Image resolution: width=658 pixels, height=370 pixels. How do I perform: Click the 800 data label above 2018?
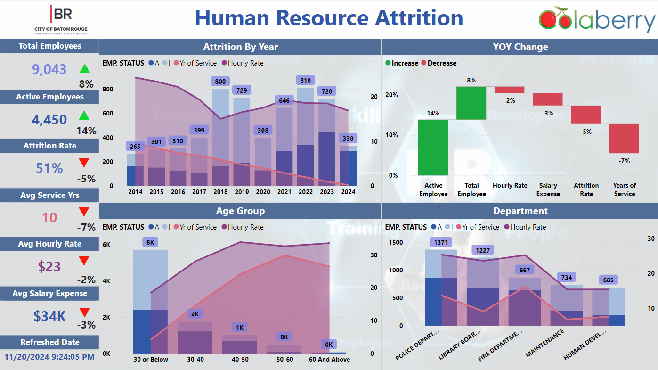[220, 82]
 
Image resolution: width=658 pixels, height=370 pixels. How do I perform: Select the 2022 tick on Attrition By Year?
[305, 192]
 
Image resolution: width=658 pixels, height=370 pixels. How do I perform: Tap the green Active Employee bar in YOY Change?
[433, 147]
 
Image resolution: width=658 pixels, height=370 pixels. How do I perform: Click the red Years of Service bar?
[624, 139]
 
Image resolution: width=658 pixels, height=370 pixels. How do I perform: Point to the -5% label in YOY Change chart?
[586, 132]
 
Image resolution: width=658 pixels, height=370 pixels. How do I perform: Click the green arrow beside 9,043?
[84, 69]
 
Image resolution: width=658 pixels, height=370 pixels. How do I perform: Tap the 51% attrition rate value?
[49, 168]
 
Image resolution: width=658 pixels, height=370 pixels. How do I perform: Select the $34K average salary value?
[49, 316]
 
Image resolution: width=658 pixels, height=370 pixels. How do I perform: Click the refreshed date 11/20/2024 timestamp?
[49, 356]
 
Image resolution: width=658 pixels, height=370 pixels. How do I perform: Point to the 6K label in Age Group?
[150, 242]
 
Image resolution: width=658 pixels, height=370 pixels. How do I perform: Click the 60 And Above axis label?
[329, 359]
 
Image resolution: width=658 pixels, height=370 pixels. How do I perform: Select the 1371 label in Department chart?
[441, 242]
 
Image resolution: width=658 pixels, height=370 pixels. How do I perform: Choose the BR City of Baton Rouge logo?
[61, 19]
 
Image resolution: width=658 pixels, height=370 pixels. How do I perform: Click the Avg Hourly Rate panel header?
[49, 244]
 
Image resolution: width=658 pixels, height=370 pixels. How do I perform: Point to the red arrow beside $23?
[84, 261]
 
